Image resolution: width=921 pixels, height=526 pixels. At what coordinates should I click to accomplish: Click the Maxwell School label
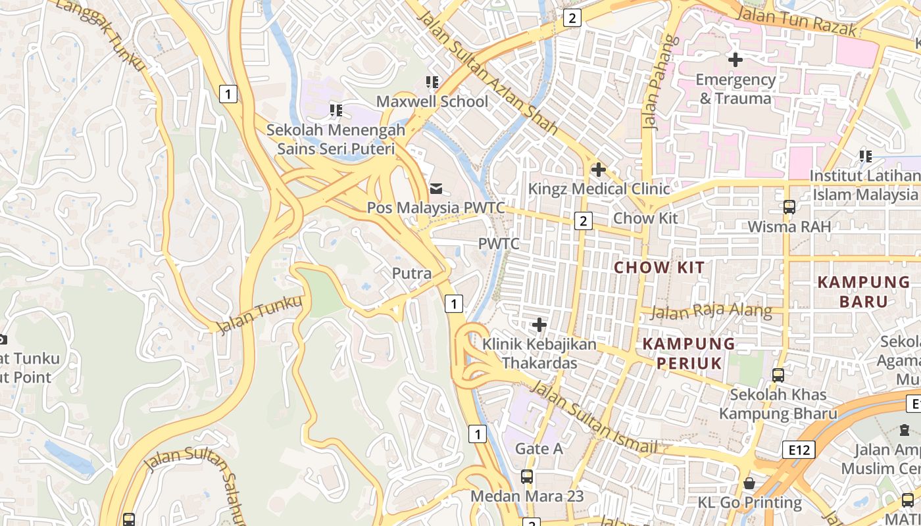pos(432,101)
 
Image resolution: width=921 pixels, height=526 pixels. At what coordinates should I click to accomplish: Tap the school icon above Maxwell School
pos(432,82)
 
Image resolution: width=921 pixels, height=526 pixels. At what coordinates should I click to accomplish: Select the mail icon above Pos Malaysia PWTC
pos(436,189)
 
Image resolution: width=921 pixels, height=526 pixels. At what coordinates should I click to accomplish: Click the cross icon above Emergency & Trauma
pos(735,60)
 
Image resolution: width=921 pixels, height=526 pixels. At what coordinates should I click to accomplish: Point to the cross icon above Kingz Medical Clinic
pos(598,170)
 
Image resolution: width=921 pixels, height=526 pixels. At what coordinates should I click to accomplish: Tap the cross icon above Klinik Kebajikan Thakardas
pos(539,325)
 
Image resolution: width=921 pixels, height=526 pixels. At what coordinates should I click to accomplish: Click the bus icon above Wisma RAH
pos(789,207)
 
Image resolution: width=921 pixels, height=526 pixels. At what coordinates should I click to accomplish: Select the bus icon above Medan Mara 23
pos(527,477)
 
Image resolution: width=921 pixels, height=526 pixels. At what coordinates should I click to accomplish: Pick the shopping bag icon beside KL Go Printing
pos(749,484)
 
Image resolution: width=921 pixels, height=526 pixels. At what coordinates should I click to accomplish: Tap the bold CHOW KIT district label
pos(659,268)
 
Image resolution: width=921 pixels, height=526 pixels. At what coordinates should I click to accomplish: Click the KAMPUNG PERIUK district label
pos(688,353)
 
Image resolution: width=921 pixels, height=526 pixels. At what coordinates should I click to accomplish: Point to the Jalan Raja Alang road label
pos(712,311)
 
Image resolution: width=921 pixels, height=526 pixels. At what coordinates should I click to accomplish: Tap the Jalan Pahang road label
pos(660,83)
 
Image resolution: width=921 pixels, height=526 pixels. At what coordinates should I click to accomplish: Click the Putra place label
pos(412,274)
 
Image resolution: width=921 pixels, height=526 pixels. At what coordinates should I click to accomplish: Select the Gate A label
pos(539,449)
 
